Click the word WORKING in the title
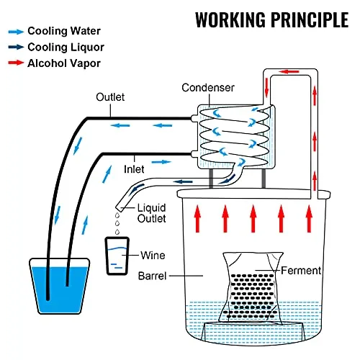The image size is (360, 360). [x=230, y=19]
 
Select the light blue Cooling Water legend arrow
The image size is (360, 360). [x=16, y=32]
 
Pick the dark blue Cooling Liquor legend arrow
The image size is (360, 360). [x=16, y=47]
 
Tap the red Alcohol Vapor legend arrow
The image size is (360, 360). [x=16, y=63]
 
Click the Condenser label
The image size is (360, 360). [x=208, y=88]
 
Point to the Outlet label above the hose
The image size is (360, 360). [x=110, y=97]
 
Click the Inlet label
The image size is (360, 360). [x=134, y=169]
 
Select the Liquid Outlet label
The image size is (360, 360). [x=152, y=213]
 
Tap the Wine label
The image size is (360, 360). [x=153, y=256]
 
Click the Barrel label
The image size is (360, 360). [x=152, y=276]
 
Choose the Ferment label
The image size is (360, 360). [x=301, y=271]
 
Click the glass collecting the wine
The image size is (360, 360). [x=117, y=256]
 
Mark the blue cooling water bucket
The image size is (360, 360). [x=59, y=286]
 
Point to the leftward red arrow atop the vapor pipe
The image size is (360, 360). [x=289, y=71]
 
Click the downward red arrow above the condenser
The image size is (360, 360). [x=266, y=87]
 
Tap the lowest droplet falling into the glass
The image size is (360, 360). [x=117, y=232]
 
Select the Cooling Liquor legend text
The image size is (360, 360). [x=66, y=48]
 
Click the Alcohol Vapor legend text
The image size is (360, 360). [x=64, y=63]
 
